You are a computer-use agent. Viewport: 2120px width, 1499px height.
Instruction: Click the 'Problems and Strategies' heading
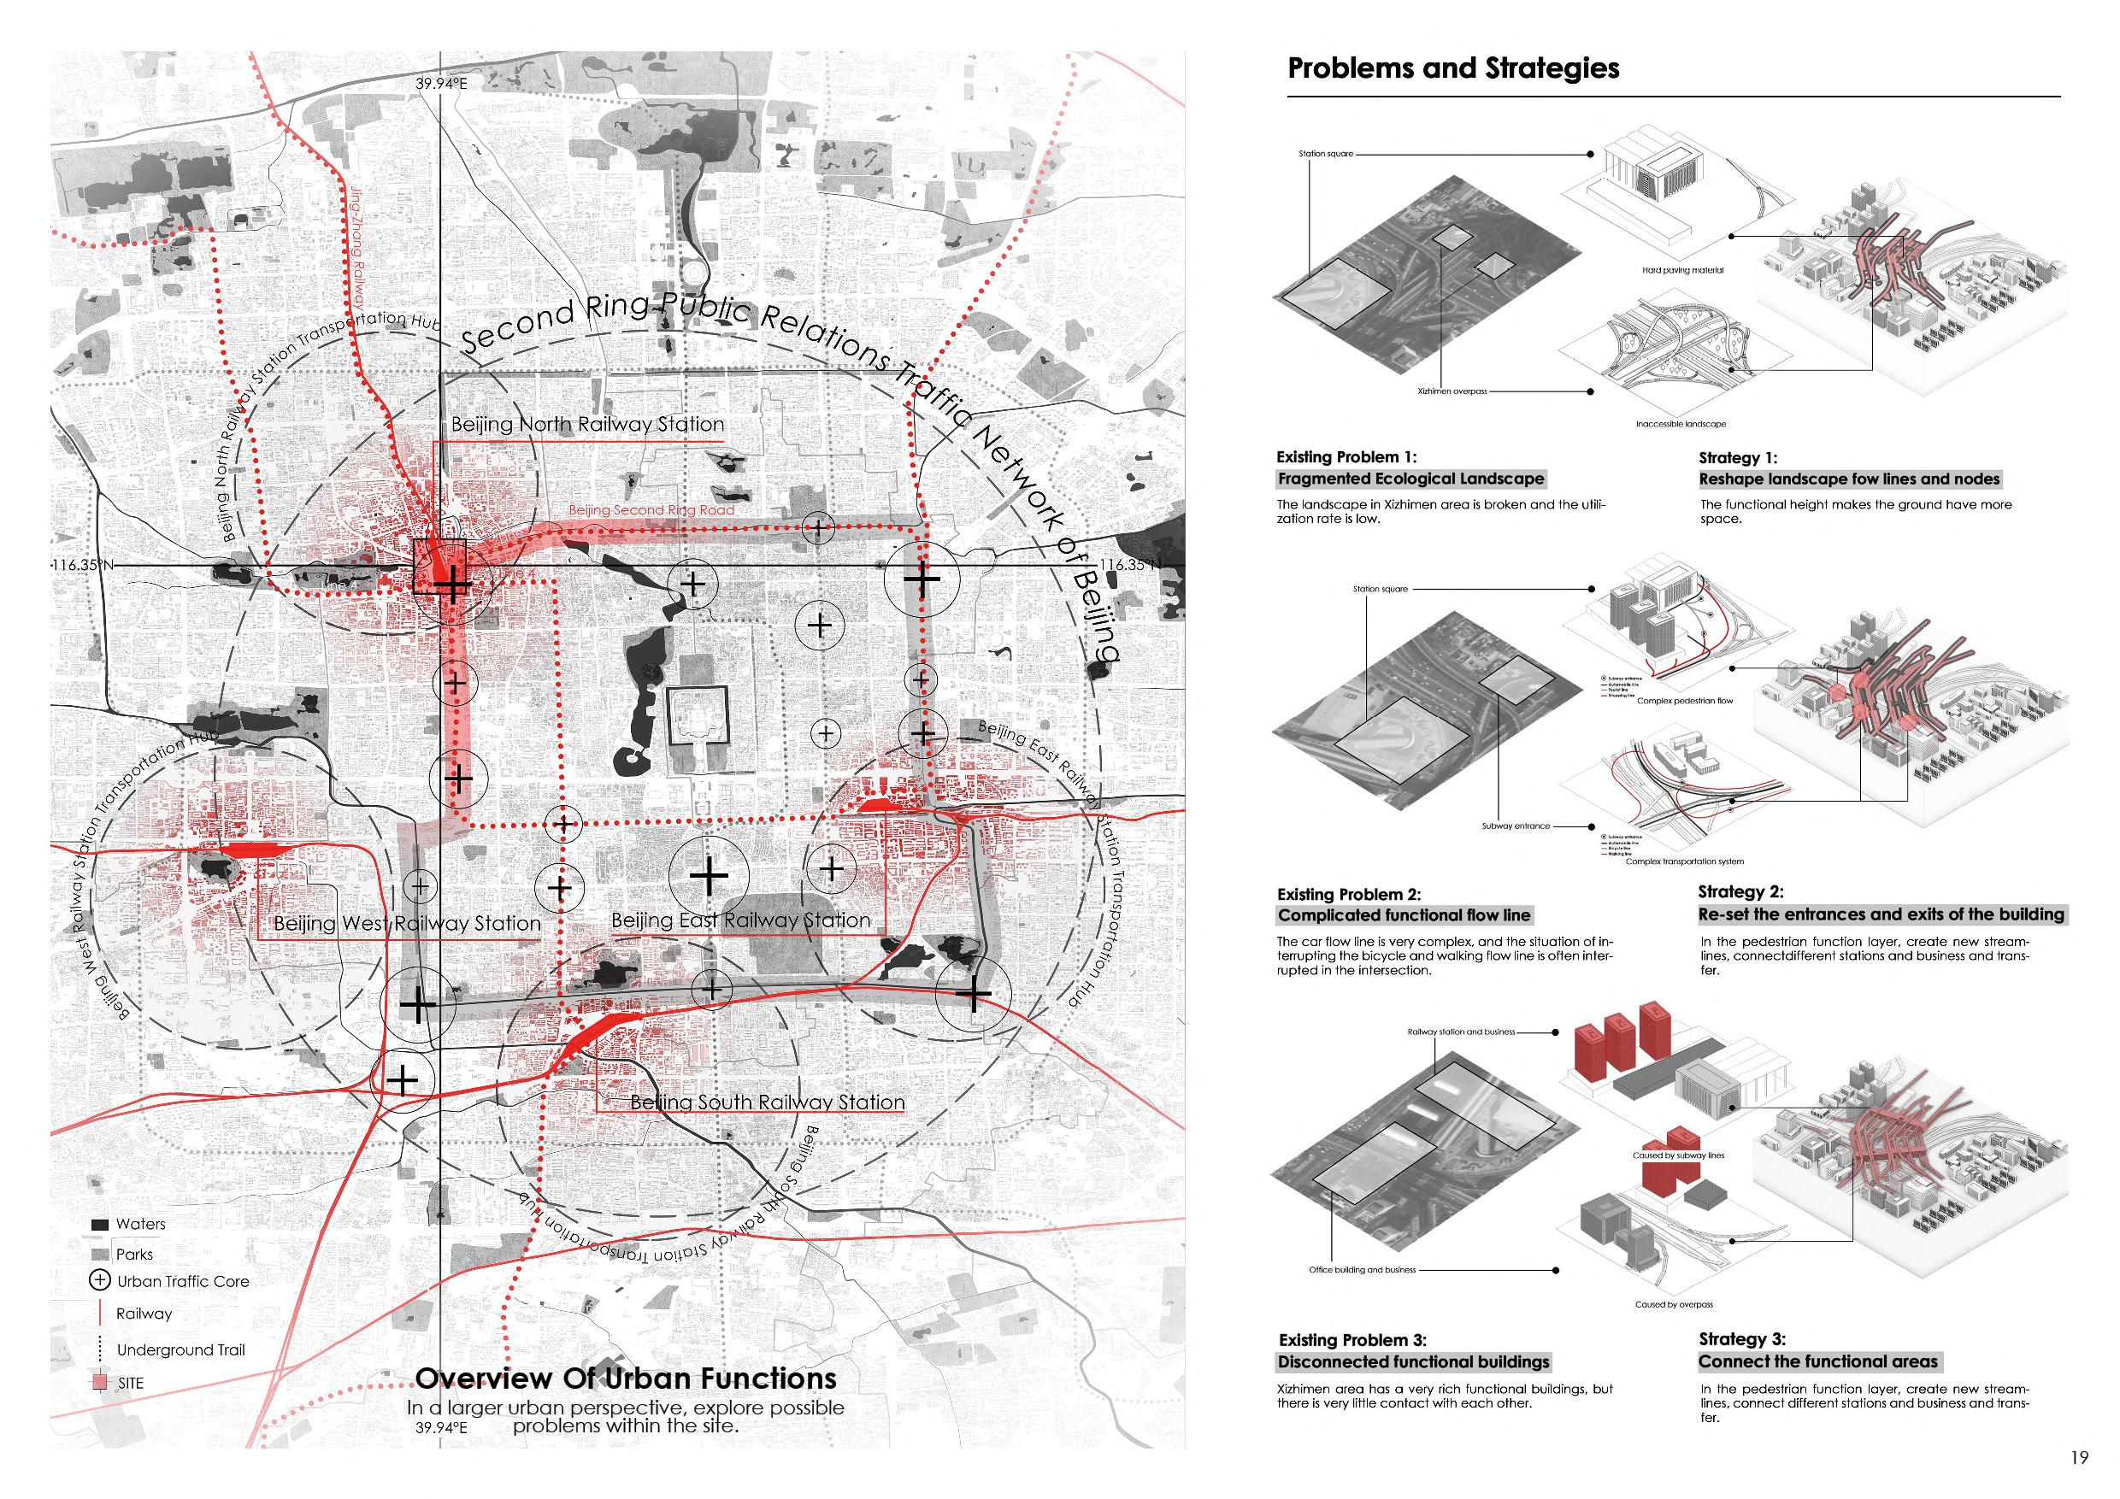[1452, 68]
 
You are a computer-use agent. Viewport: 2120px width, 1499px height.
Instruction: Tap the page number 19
[2078, 1457]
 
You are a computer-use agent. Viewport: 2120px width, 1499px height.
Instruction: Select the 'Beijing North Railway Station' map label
[587, 425]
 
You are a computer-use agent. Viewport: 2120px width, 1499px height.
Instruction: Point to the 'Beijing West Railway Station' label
[406, 923]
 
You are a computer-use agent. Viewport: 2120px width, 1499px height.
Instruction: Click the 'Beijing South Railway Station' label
[768, 1102]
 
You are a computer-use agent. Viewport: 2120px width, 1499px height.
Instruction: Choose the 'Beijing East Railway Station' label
[740, 920]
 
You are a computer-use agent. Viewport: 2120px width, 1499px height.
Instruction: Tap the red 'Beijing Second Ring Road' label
[651, 509]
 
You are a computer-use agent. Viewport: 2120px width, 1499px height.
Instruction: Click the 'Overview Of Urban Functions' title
[625, 1378]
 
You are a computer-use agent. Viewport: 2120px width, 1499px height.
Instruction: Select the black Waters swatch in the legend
[100, 1225]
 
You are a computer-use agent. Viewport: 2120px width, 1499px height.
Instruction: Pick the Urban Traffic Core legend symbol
[100, 1280]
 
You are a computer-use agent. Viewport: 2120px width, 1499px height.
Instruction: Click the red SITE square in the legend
[100, 1383]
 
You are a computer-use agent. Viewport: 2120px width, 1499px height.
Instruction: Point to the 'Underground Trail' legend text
[181, 1349]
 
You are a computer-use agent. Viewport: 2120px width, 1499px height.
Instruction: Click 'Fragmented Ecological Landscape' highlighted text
[1410, 478]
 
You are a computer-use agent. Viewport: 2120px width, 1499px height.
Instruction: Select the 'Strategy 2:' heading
[1740, 891]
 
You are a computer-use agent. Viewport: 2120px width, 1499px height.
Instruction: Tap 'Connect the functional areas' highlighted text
[1818, 1361]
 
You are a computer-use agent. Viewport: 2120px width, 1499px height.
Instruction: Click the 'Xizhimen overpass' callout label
[1452, 391]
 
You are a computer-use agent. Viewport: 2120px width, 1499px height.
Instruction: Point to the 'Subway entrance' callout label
[1516, 826]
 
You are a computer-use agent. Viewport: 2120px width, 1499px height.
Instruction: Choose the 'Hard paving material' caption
[1682, 270]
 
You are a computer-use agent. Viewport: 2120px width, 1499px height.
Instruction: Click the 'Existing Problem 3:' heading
[1351, 1339]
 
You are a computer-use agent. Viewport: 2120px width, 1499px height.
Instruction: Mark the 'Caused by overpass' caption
[1673, 1304]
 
